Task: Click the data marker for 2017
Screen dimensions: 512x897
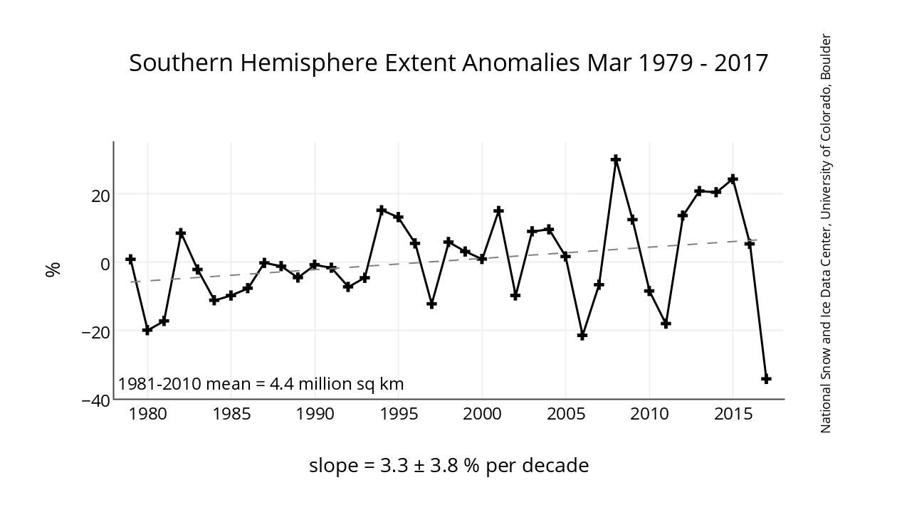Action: click(766, 379)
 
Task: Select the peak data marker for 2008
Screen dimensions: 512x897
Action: click(616, 159)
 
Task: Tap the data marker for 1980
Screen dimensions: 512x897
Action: click(147, 330)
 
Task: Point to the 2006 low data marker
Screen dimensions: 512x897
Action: click(582, 335)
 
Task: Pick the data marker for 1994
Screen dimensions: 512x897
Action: click(382, 210)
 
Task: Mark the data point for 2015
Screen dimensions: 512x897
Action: click(733, 178)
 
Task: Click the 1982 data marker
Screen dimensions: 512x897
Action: click(181, 233)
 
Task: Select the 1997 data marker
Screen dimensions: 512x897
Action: click(431, 304)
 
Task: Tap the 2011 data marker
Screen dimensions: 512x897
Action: click(666, 324)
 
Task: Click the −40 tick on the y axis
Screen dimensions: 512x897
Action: click(95, 400)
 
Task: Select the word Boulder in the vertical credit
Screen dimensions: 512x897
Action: click(826, 56)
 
